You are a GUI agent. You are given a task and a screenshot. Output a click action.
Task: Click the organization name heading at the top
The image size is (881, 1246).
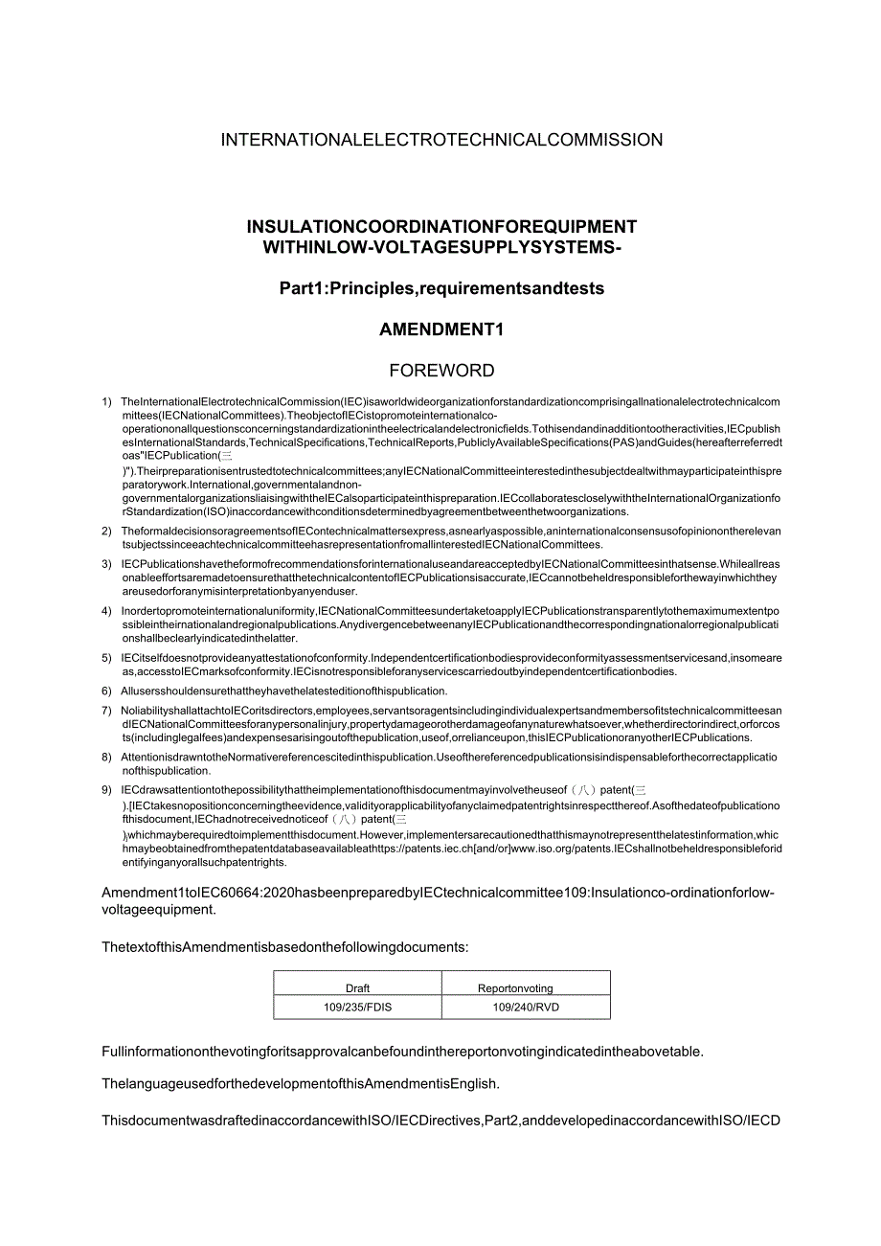click(x=441, y=140)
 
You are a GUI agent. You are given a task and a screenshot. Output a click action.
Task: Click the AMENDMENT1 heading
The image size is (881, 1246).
click(x=441, y=329)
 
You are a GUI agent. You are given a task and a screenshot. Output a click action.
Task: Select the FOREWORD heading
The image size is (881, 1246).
click(x=441, y=371)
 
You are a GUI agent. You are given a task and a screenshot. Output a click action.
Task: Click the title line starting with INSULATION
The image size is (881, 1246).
click(x=441, y=227)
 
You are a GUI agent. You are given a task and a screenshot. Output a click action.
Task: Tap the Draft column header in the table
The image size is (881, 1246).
click(x=357, y=988)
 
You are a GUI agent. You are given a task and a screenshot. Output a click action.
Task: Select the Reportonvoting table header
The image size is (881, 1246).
click(x=515, y=988)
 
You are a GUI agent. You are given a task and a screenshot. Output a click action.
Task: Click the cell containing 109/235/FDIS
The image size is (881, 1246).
click(x=357, y=1008)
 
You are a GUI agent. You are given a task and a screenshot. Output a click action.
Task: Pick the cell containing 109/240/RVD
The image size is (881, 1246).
click(x=526, y=1008)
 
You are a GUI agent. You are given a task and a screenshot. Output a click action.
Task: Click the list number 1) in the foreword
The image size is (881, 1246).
click(x=106, y=402)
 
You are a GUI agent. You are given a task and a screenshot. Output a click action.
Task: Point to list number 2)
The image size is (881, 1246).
click(x=106, y=531)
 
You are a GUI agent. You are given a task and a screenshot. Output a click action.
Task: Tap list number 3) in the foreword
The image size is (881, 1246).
click(x=106, y=563)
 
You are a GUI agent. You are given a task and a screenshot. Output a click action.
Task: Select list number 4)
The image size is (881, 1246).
click(x=106, y=611)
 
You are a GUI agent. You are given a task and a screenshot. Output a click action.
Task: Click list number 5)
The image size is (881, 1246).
click(x=106, y=658)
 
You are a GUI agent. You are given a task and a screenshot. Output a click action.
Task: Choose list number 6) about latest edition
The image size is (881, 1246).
click(x=106, y=691)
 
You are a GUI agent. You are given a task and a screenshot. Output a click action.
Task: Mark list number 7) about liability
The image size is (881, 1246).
click(x=106, y=711)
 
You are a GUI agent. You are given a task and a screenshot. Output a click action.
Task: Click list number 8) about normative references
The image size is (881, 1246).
click(x=106, y=758)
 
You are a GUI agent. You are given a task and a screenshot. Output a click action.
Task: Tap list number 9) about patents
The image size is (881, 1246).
click(x=106, y=790)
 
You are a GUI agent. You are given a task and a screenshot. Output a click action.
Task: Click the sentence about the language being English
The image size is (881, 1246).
click(x=301, y=1084)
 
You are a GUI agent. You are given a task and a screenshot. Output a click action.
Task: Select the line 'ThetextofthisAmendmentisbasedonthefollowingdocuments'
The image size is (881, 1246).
click(x=285, y=946)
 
